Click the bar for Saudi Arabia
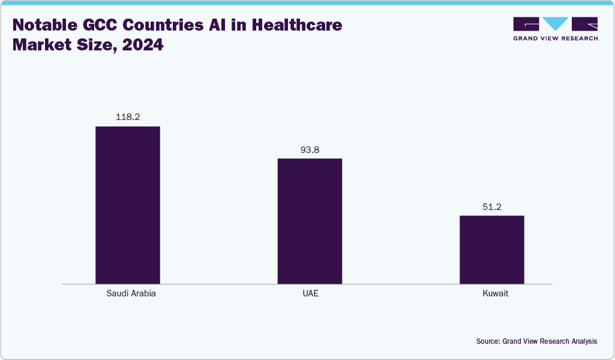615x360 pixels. click(x=128, y=205)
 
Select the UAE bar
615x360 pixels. click(x=310, y=221)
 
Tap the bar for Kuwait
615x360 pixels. click(x=491, y=249)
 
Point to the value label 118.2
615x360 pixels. click(x=128, y=117)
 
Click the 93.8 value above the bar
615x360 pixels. click(x=310, y=149)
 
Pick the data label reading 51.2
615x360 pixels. click(x=491, y=206)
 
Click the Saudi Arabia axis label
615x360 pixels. click(x=128, y=294)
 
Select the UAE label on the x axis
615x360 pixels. click(x=310, y=294)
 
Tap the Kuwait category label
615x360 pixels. click(x=491, y=294)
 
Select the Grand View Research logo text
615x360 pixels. click(x=556, y=38)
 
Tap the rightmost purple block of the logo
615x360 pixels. click(x=584, y=24)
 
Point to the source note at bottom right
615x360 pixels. click(x=536, y=341)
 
